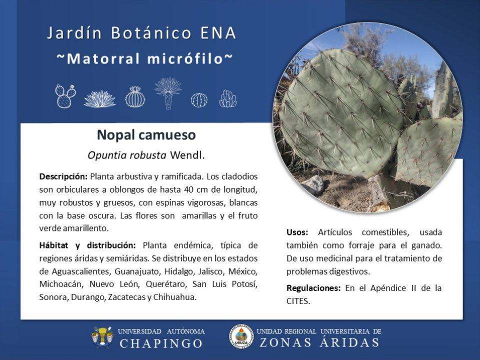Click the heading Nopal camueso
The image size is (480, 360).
point(146,135)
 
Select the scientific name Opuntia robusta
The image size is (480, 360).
point(126,155)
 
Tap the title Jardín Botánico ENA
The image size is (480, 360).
point(141,33)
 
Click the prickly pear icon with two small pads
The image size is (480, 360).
point(65,96)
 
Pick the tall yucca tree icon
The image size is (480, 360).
point(168,93)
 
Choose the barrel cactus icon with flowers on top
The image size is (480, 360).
point(135,97)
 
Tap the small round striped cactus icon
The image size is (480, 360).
point(199,100)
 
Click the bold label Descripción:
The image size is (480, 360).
point(63,176)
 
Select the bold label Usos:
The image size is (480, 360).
point(297,232)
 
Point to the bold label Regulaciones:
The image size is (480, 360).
point(313,288)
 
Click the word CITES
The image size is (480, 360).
point(298,301)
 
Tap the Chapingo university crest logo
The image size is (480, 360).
point(102,337)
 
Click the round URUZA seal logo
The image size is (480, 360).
point(241,336)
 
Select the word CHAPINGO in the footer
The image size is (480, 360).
point(161,343)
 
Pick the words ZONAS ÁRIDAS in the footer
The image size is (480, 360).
point(319,342)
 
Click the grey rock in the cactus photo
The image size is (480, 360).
point(313,184)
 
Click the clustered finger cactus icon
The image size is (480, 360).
point(228,98)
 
